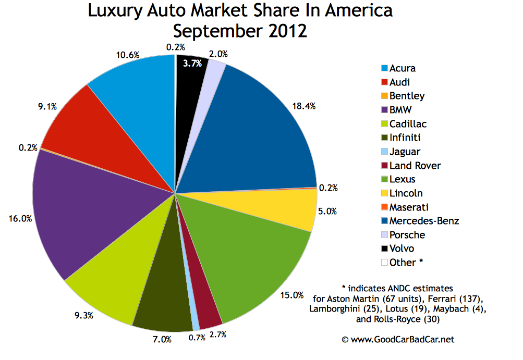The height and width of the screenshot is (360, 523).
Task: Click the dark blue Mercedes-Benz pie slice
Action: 250,130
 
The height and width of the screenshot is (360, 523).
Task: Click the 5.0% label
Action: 326,212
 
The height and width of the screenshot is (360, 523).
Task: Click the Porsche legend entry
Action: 407,234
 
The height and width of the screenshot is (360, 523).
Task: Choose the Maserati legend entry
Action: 409,207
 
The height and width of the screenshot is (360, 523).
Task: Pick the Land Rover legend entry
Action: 415,165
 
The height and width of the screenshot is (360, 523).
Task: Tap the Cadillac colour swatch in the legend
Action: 384,123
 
